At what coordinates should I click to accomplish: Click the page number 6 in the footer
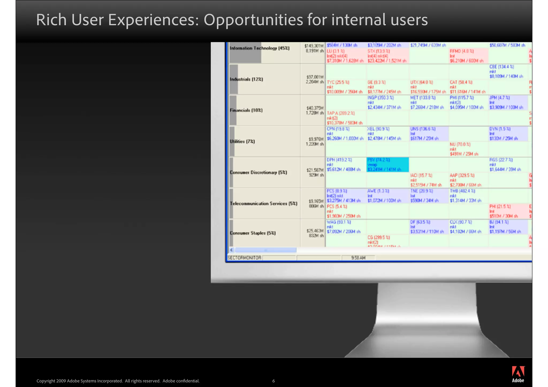pyautogui.click(x=273, y=381)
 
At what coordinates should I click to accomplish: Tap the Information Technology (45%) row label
pyautogui.click(x=260, y=48)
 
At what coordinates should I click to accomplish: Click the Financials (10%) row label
pyautogui.click(x=246, y=110)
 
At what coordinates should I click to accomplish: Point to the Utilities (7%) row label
pyautogui.click(x=242, y=141)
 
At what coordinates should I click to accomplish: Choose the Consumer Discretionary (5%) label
pyautogui.click(x=258, y=173)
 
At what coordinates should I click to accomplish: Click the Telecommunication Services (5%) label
pyautogui.click(x=264, y=204)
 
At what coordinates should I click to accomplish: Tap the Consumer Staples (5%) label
pyautogui.click(x=253, y=233)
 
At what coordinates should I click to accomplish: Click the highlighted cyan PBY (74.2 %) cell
pyautogui.click(x=387, y=164)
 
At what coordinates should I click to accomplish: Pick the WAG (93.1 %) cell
pyautogui.click(x=344, y=227)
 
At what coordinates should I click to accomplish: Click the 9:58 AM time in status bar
pyautogui.click(x=358, y=258)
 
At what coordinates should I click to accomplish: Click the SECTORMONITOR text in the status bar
pyautogui.click(x=244, y=258)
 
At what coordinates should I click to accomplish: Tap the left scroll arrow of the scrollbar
pyautogui.click(x=232, y=250)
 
